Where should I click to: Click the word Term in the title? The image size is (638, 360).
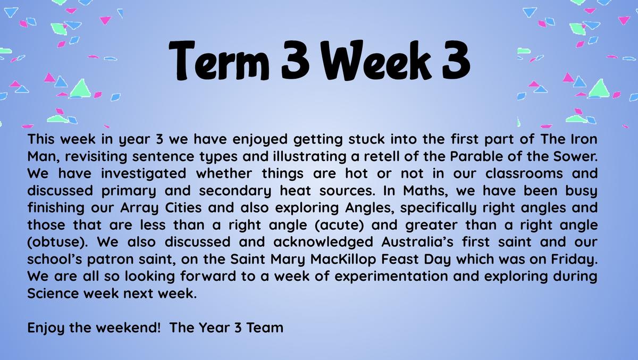(x=219, y=61)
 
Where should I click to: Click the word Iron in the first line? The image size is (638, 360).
(x=584, y=139)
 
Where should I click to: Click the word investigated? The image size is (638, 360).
(x=144, y=173)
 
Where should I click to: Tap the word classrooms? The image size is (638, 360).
(x=524, y=173)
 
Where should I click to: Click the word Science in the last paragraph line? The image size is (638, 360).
(x=53, y=294)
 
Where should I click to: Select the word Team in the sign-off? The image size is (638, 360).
(x=265, y=328)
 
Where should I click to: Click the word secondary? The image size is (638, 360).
(x=235, y=191)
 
